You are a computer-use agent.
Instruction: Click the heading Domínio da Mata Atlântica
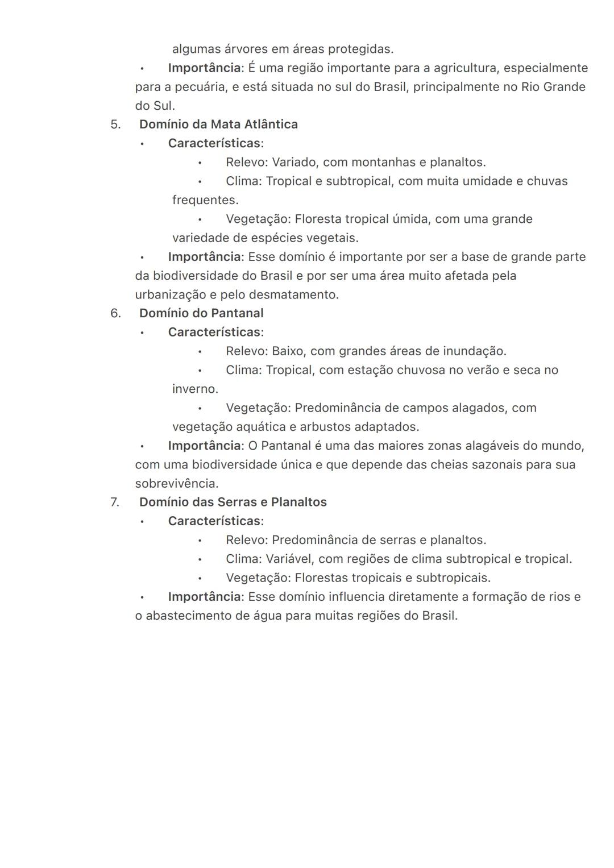(218, 124)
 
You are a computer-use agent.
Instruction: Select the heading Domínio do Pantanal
(201, 313)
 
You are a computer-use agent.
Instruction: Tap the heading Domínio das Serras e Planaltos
(233, 502)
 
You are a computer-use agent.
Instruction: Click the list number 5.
(115, 124)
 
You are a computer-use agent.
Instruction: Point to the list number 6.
(115, 313)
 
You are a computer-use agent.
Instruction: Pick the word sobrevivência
(176, 484)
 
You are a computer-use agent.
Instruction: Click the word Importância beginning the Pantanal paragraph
(204, 446)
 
